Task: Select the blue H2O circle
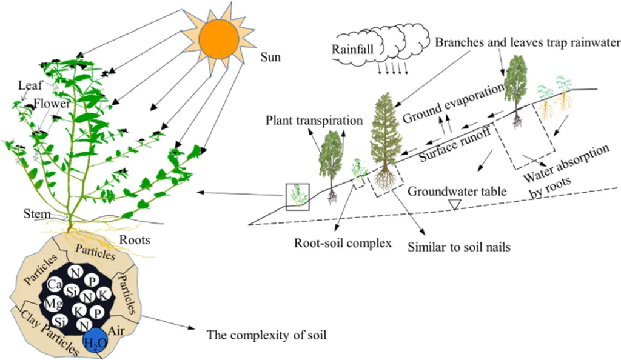coord(96,342)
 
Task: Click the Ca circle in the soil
coord(56,283)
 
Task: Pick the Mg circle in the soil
coord(54,302)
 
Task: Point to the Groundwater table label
coord(457,192)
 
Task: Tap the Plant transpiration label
coord(314,121)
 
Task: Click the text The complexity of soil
coord(266,334)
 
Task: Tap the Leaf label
coord(30,85)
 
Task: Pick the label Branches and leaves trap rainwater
coord(528,42)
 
